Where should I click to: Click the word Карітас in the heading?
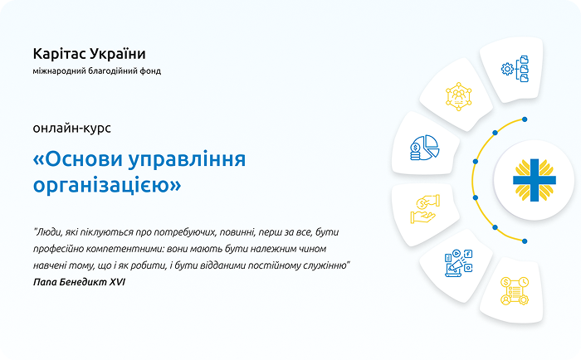click(x=60, y=53)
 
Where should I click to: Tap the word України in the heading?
click(x=119, y=53)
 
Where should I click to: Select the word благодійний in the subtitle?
click(x=111, y=71)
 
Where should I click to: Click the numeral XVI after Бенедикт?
click(x=124, y=283)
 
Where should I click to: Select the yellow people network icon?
click(x=458, y=97)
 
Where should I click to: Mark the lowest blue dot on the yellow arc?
click(x=525, y=241)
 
